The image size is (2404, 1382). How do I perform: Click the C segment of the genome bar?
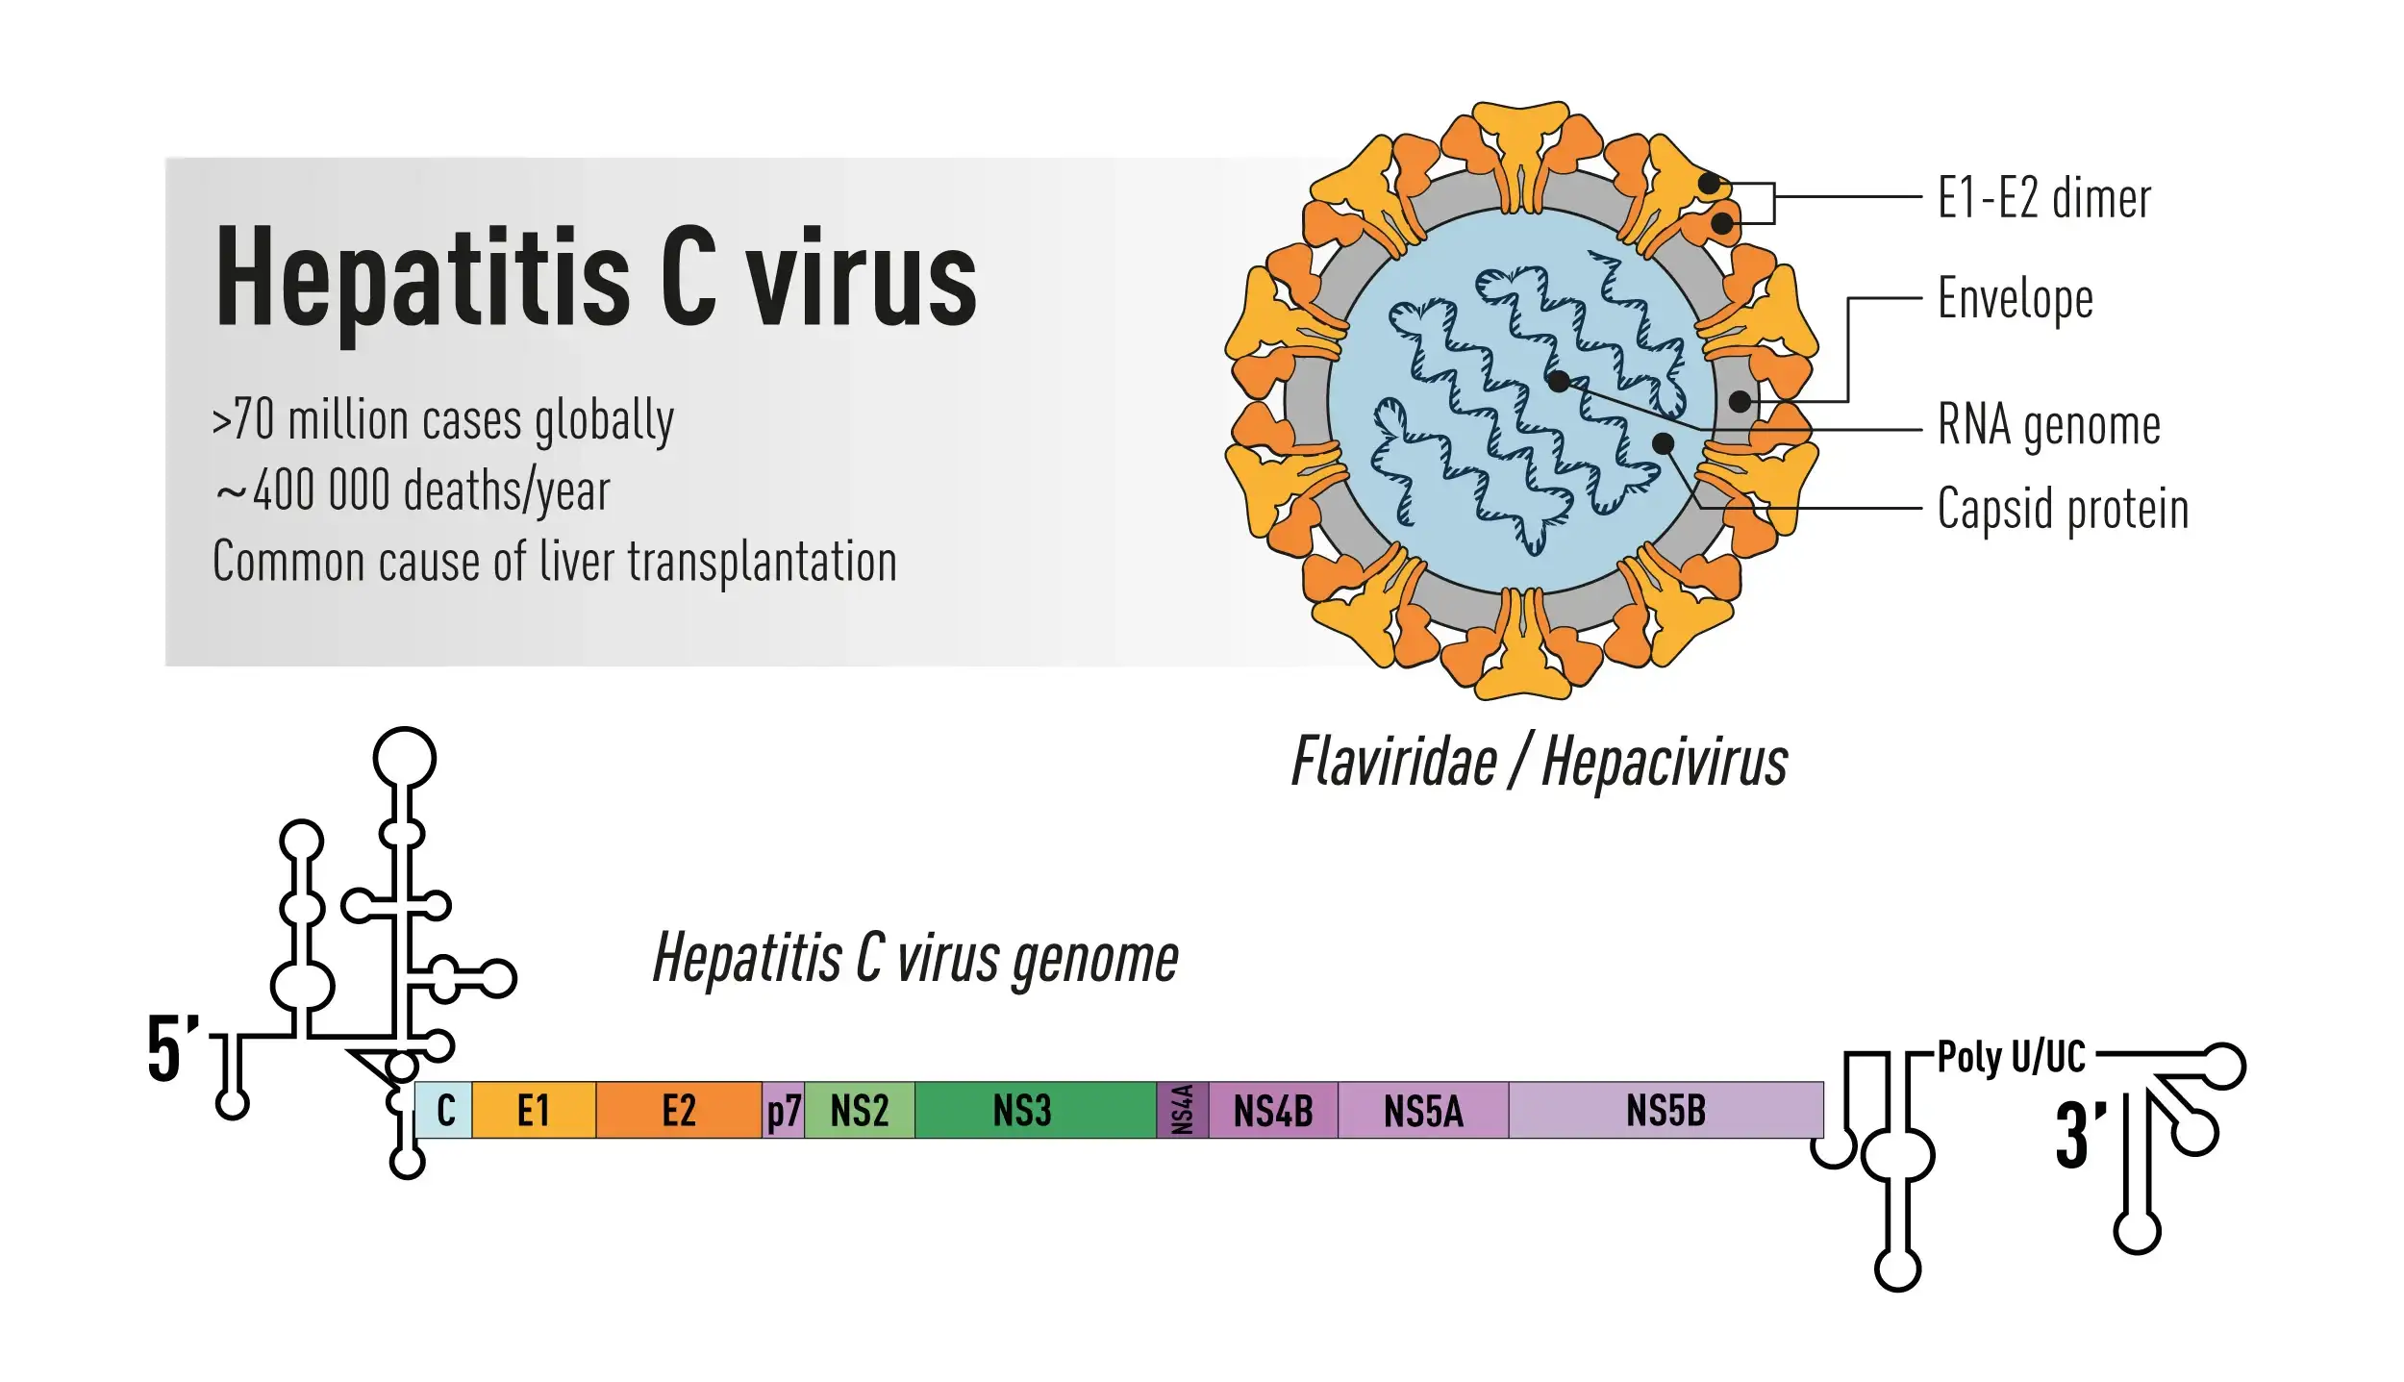pyautogui.click(x=444, y=1110)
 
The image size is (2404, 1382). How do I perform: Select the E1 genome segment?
pyautogui.click(x=534, y=1110)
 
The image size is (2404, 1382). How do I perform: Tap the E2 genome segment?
pyautogui.click(x=679, y=1110)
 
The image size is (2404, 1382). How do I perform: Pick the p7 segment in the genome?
pyautogui.click(x=784, y=1111)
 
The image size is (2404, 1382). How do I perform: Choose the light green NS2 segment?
pyautogui.click(x=859, y=1110)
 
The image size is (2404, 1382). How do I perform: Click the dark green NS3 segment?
pyautogui.click(x=1023, y=1110)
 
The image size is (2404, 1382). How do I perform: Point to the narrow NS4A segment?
pyautogui.click(x=1183, y=1110)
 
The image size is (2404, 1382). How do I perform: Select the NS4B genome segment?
pyautogui.click(x=1273, y=1110)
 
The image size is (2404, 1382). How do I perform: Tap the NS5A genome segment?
pyautogui.click(x=1423, y=1110)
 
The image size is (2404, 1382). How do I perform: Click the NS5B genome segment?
pyautogui.click(x=1665, y=1110)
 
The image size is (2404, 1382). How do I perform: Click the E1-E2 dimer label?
pyautogui.click(x=2043, y=198)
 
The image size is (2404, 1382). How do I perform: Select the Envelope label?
pyautogui.click(x=2015, y=298)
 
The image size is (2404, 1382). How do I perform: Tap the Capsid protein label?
pyautogui.click(x=2063, y=508)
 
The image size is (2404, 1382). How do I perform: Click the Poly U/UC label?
pyautogui.click(x=2011, y=1056)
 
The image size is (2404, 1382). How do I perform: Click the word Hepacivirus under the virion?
pyautogui.click(x=1665, y=762)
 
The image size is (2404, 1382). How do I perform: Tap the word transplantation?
pyautogui.click(x=763, y=562)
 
